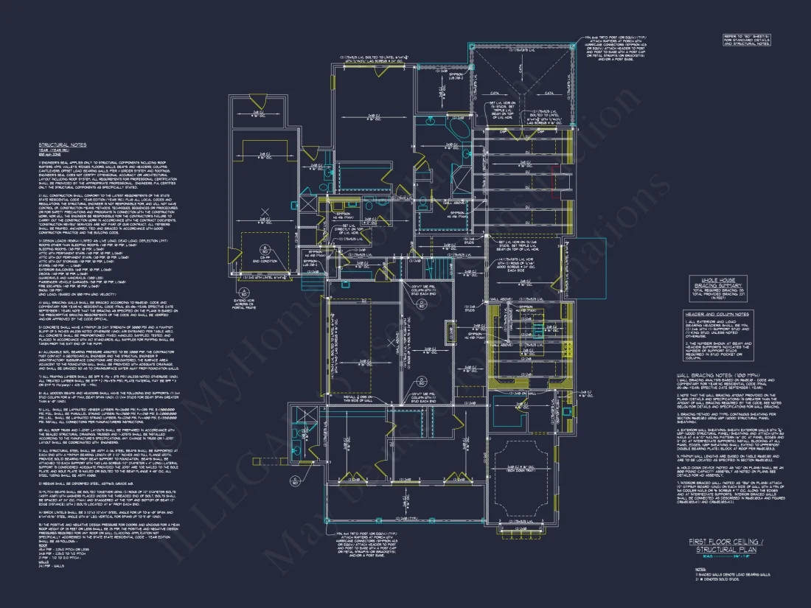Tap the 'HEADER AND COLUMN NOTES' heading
pyautogui.click(x=717, y=315)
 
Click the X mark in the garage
pyautogui.click(x=263, y=214)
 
